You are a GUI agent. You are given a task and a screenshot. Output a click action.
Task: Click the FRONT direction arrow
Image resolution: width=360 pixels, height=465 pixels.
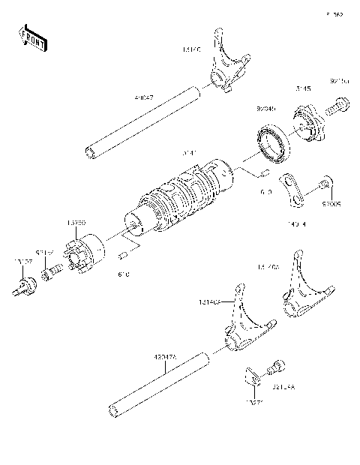point(31,37)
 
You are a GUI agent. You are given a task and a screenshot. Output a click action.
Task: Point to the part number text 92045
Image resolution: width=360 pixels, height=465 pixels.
point(265,108)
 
